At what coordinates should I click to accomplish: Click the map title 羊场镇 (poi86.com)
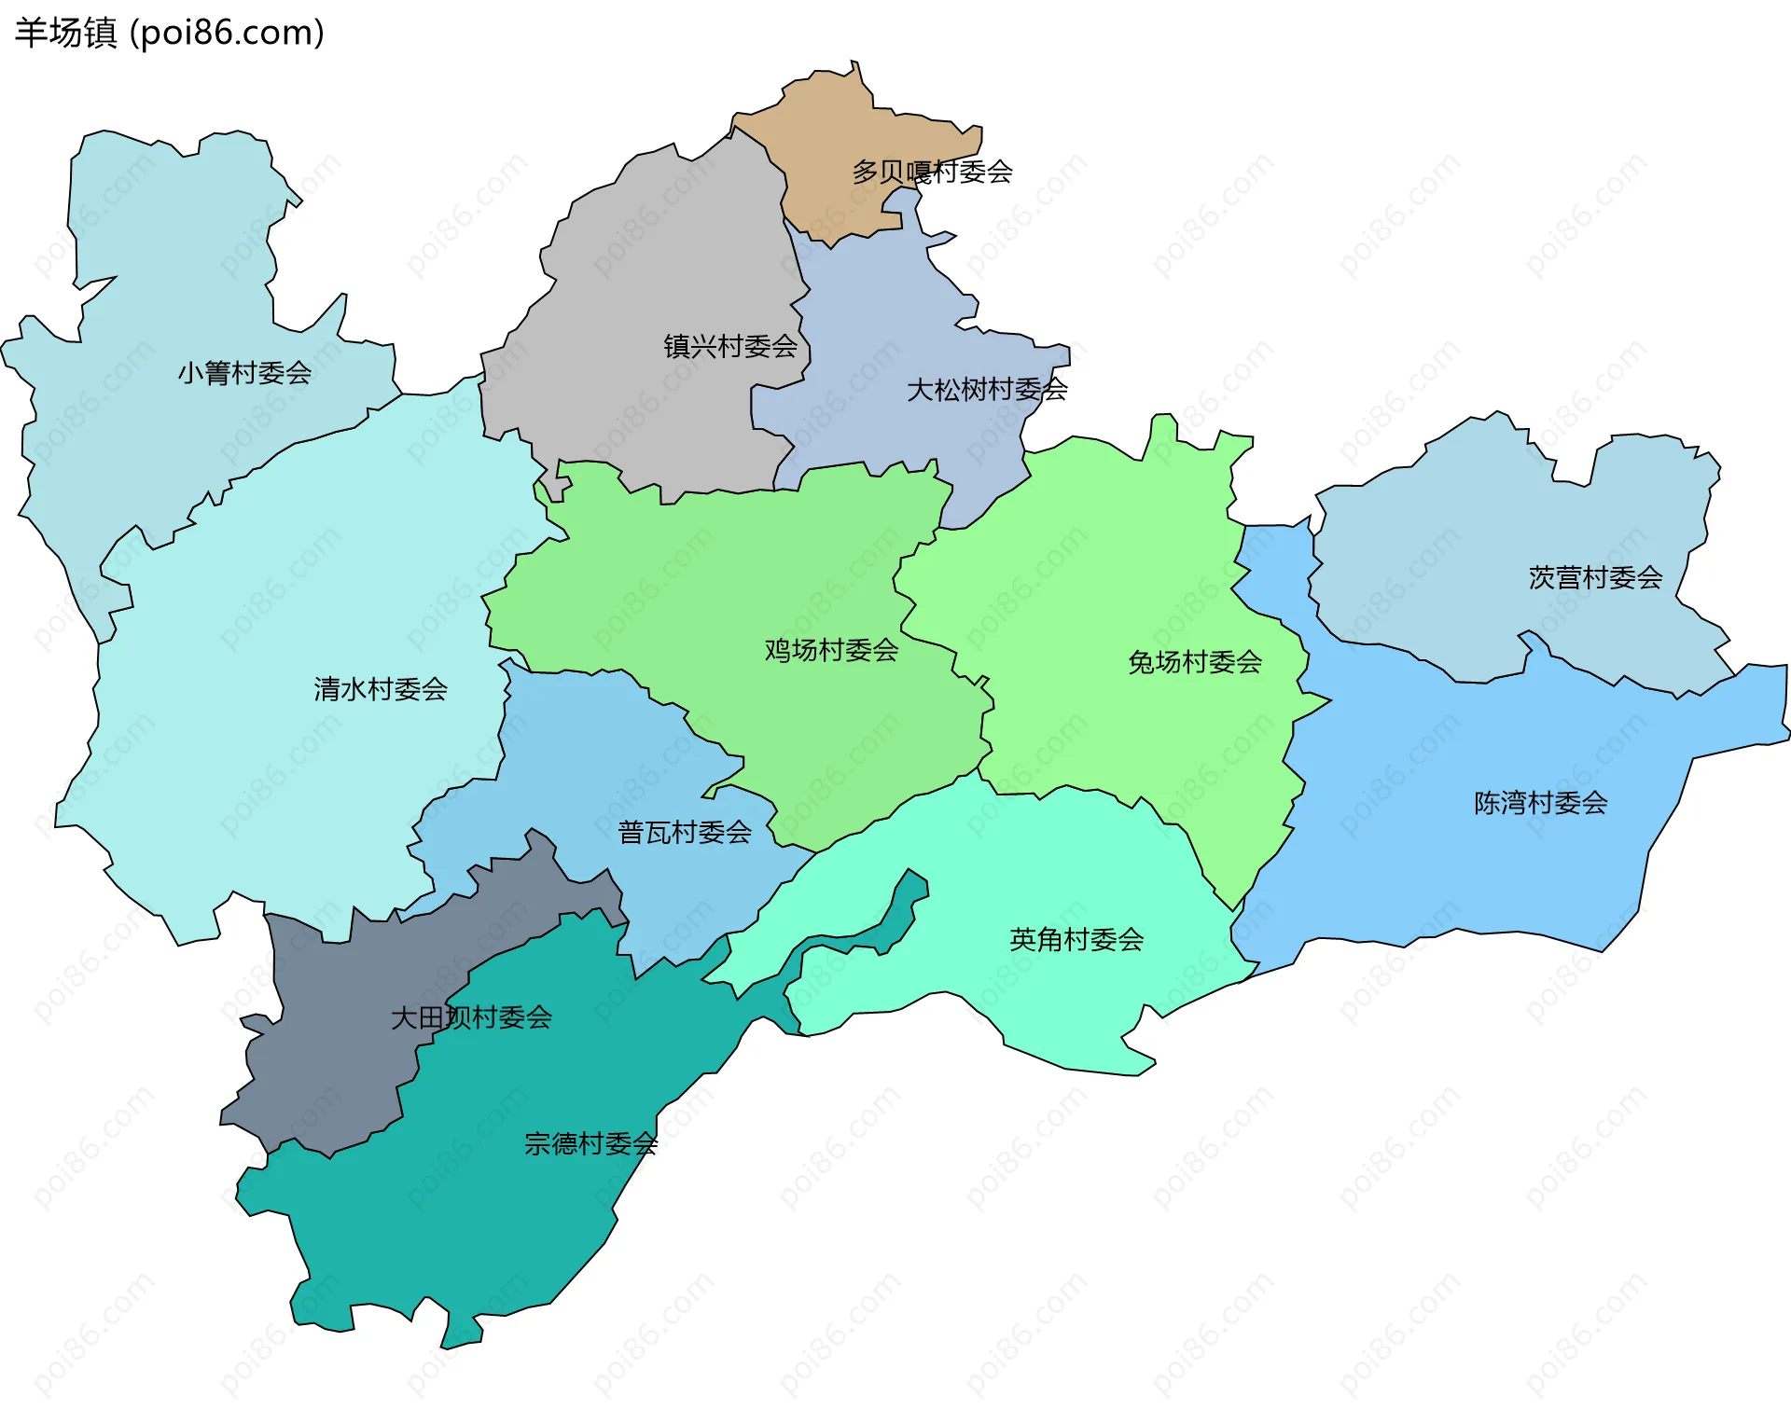(x=169, y=33)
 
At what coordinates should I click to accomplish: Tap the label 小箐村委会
(x=244, y=373)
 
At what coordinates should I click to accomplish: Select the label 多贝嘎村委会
(x=932, y=172)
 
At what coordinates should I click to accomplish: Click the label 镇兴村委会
(x=730, y=347)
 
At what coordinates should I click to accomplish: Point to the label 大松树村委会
(x=987, y=390)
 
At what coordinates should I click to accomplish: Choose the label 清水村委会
(x=381, y=689)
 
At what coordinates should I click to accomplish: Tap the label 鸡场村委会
(x=831, y=650)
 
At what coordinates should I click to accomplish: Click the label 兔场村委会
(x=1195, y=662)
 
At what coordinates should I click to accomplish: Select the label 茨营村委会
(x=1595, y=578)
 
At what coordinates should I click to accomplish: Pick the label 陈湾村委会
(x=1540, y=803)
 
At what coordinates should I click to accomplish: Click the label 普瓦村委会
(x=685, y=832)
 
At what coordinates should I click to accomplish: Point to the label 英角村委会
(x=1076, y=939)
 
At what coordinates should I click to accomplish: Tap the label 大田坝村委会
(x=471, y=1017)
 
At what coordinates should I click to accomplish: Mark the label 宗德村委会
(x=590, y=1143)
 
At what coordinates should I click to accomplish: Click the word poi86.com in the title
(x=227, y=33)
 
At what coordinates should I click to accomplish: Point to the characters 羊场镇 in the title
(x=65, y=33)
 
